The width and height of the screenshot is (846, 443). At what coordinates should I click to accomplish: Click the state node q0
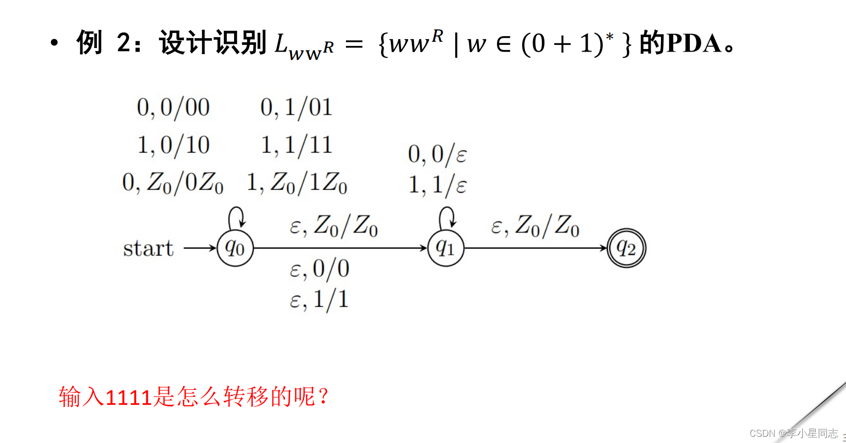point(235,249)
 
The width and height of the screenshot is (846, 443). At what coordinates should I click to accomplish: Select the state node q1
point(446,249)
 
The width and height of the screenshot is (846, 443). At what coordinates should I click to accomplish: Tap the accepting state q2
point(626,249)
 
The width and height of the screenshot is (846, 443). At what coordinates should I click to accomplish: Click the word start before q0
point(148,249)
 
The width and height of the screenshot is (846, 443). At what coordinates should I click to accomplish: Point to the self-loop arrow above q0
point(237,217)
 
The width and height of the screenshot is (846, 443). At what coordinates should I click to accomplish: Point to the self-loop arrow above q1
point(447,217)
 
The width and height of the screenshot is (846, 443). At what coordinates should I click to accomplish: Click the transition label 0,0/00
point(173,108)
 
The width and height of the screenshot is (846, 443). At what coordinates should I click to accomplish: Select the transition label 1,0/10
point(173,145)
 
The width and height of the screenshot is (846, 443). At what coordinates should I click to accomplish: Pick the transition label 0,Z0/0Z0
point(173,183)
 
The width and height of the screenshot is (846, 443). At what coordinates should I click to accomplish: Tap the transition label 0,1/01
point(296,108)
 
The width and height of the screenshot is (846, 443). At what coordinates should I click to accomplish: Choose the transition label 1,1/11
point(296,145)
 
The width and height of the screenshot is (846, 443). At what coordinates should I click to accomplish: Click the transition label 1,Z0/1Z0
point(296,183)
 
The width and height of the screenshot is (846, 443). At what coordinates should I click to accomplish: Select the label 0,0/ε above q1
point(437,154)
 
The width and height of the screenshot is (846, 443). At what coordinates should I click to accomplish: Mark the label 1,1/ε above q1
point(437,185)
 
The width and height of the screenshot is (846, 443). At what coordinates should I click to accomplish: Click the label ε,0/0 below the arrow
point(320,269)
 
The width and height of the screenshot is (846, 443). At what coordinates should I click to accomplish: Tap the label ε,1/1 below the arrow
point(320,300)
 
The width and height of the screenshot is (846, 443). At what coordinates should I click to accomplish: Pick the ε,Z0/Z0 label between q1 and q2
point(535,226)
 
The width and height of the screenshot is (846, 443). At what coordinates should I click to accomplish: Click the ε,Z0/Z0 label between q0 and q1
point(334,226)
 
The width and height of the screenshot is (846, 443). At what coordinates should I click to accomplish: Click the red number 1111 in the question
point(128,398)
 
